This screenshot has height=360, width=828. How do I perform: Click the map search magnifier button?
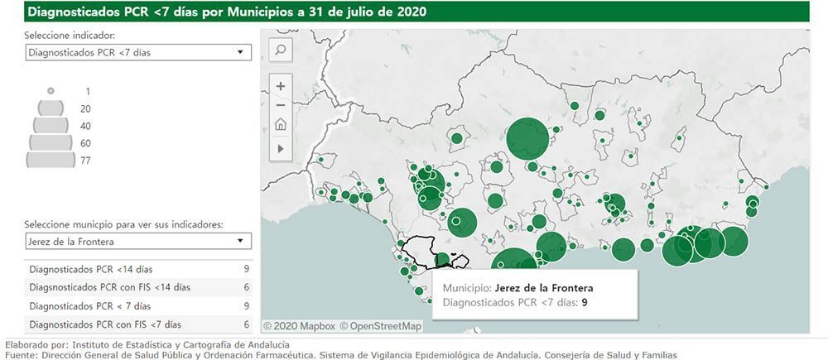pos(281,50)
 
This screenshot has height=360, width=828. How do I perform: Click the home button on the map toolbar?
pos(281,125)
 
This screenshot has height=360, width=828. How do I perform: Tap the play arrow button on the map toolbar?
pos(281,148)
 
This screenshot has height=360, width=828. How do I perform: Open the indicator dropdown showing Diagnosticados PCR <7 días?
pos(137,52)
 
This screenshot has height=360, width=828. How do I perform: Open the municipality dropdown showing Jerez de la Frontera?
pos(137,242)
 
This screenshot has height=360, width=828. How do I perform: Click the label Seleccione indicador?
pos(70,36)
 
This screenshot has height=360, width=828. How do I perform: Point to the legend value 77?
pos(85,161)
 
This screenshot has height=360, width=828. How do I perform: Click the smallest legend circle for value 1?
pos(51,90)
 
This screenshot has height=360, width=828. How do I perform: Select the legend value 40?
pos(85,126)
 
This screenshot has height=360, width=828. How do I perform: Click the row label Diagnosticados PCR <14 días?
pos(91,269)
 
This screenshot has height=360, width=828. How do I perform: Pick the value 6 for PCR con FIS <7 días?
pos(247,324)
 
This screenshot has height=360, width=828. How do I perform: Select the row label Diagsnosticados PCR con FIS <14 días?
pos(109,287)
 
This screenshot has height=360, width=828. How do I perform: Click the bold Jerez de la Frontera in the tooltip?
pos(544,287)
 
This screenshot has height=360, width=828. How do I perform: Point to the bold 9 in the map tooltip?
pos(585,303)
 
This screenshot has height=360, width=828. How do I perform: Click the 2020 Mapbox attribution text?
pos(299,326)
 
